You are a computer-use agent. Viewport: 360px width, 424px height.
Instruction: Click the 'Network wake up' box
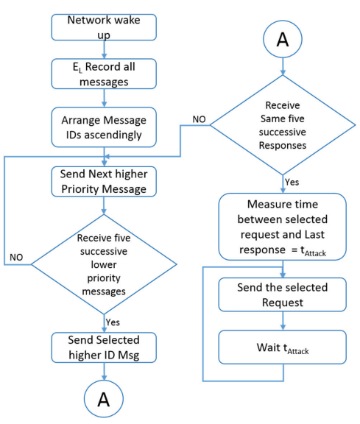pos(104,27)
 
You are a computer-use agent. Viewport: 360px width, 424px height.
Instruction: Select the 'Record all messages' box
pos(104,74)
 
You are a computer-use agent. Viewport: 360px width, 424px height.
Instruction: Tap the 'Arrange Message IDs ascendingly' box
pos(104,127)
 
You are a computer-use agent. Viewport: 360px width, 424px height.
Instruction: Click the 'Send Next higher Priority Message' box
pos(104,181)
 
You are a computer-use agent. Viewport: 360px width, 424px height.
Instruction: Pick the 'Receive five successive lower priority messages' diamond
pos(104,264)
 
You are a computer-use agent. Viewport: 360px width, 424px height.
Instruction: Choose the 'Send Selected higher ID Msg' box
pos(104,347)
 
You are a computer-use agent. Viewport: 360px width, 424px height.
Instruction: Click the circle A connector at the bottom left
pos(104,399)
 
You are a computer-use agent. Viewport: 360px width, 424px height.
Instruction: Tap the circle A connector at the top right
pos(283,39)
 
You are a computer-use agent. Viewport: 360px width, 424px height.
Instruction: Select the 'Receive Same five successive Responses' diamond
pos(283,125)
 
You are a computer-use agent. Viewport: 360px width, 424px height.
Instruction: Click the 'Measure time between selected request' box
pos(283,227)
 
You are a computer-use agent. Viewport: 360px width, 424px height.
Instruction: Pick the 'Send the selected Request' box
pos(283,294)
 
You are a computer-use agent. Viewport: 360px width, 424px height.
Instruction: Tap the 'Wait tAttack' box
pos(283,347)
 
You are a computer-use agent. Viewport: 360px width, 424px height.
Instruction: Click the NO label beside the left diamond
pos(16,257)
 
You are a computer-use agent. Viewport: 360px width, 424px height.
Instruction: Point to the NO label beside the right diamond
pos(199,119)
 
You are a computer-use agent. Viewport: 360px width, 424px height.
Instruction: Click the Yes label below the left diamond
pos(113,322)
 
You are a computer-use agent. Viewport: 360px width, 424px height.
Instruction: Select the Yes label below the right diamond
pos(292,182)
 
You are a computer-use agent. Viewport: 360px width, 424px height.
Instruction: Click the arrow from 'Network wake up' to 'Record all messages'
pos(104,49)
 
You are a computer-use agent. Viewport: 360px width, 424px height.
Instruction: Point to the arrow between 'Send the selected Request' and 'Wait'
pos(283,321)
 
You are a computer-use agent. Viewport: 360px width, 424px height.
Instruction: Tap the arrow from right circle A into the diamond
pos(283,66)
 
